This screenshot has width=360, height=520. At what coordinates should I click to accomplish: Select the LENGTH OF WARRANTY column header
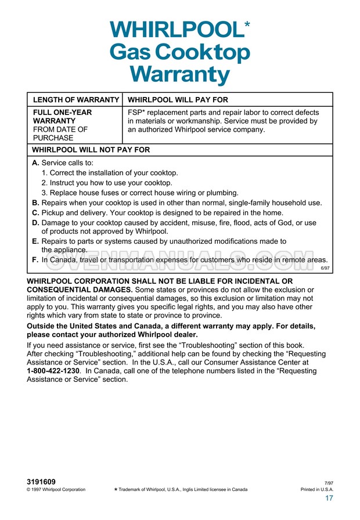[75, 100]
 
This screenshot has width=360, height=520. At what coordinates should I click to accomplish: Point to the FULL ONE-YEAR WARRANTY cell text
[62, 117]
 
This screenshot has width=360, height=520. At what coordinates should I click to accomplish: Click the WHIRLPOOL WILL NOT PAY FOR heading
[91, 149]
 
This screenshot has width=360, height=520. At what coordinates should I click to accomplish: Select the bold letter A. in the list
[35, 163]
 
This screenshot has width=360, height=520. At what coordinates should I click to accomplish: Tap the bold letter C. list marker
[35, 213]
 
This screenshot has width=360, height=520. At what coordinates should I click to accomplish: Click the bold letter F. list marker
[35, 260]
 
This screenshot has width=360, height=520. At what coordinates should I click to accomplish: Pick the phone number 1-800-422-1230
[53, 370]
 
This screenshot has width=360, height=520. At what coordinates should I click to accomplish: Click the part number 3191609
[41, 482]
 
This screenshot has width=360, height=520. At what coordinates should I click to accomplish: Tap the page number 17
[329, 499]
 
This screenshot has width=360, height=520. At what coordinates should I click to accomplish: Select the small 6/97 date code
[325, 269]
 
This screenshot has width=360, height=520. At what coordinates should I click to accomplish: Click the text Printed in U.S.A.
[317, 490]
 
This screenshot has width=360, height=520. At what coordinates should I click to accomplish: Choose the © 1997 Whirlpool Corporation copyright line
[56, 490]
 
